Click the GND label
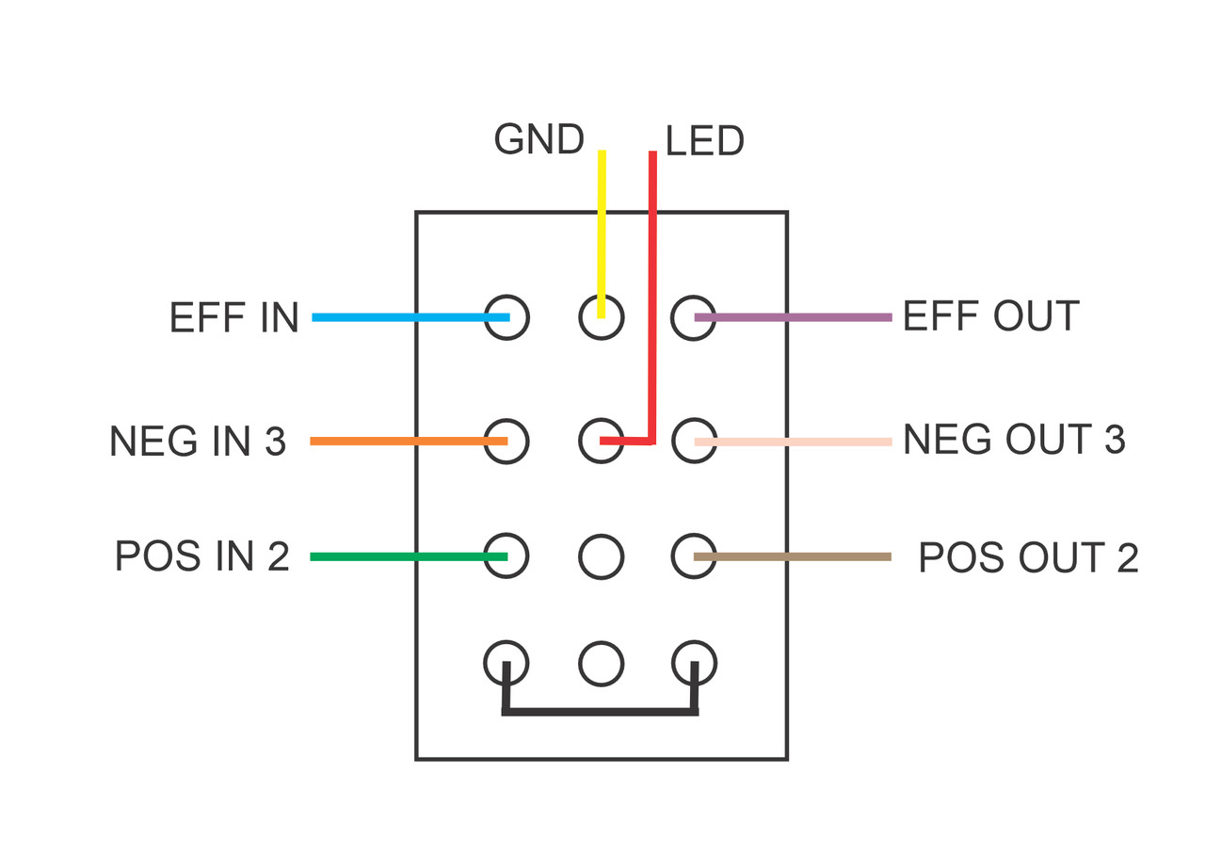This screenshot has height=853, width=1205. [x=538, y=139]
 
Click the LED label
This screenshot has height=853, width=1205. [x=704, y=142]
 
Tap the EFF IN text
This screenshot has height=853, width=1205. [x=233, y=318]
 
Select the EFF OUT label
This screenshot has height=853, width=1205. [x=990, y=317]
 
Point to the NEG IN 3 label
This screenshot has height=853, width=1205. [x=198, y=442]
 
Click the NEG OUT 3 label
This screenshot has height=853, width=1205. [x=1014, y=440]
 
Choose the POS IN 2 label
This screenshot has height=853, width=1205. [x=201, y=556]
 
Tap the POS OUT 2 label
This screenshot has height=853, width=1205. [x=1028, y=558]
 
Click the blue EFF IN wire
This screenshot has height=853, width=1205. [x=405, y=317]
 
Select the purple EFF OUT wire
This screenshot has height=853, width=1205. [x=800, y=317]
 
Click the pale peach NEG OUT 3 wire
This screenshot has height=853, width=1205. [x=800, y=442]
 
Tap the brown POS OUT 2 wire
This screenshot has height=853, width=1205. [x=800, y=556]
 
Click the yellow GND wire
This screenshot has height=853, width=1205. [x=602, y=226]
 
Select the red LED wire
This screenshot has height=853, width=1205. [x=652, y=282]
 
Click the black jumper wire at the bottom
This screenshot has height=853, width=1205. [x=601, y=711]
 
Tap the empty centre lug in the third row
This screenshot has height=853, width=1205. [x=601, y=556]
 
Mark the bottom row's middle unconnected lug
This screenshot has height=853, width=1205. [x=601, y=664]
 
